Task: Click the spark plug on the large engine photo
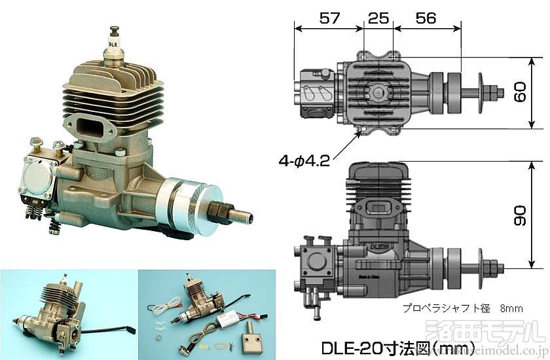click(x=117, y=44)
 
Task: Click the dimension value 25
click(x=378, y=18)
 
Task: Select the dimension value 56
click(x=426, y=18)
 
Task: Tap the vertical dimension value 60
click(x=520, y=92)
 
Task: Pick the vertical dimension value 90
click(x=520, y=214)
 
